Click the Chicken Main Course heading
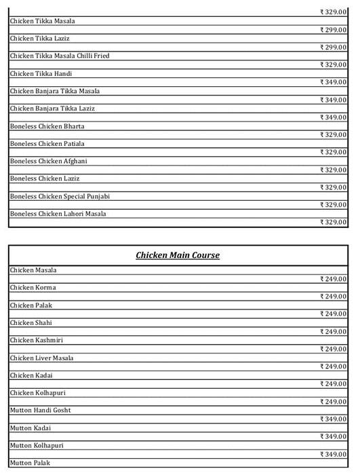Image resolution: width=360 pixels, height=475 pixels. point(178,255)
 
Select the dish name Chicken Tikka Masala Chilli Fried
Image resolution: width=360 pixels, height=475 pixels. point(60,56)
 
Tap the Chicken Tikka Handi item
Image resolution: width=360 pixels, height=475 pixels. point(41,73)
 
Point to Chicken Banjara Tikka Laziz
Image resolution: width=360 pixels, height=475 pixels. point(52,109)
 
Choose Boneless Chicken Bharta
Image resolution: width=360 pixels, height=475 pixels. point(47,126)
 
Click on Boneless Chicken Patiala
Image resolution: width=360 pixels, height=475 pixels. point(47,144)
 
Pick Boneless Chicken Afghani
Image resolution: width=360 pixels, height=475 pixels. point(48,161)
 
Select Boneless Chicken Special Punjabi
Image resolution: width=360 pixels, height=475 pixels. point(60,196)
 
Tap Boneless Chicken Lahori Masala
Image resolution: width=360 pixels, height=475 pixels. point(58,214)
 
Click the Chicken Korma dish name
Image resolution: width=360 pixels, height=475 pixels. point(33,288)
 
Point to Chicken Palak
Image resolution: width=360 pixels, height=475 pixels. point(31,305)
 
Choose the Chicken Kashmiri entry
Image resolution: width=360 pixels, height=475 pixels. point(37,340)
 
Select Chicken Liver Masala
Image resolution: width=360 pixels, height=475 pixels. point(42,358)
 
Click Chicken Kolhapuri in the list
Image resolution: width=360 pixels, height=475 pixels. point(38,393)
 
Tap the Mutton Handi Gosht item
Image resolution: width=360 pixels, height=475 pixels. point(41,410)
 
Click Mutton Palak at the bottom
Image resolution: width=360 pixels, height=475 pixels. point(31,463)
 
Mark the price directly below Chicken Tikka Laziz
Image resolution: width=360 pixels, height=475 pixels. point(333,47)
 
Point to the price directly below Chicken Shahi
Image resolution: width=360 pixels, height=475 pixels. point(333,332)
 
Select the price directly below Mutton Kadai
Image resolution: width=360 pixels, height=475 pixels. point(333,437)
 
